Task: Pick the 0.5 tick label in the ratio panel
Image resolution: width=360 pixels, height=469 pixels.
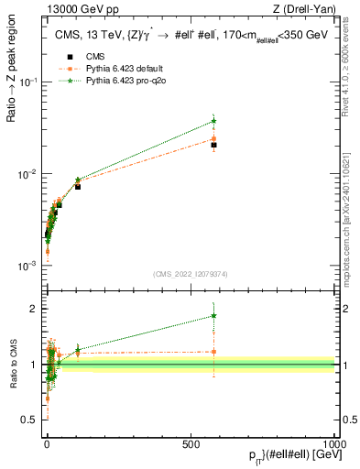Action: (x=30, y=420)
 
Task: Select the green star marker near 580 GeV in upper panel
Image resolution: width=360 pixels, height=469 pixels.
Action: (x=213, y=121)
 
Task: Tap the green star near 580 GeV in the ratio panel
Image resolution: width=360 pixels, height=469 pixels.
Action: (x=213, y=316)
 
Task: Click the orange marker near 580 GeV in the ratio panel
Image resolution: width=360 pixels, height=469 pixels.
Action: (x=213, y=351)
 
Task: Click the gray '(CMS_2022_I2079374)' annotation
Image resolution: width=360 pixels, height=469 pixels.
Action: (x=191, y=272)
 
